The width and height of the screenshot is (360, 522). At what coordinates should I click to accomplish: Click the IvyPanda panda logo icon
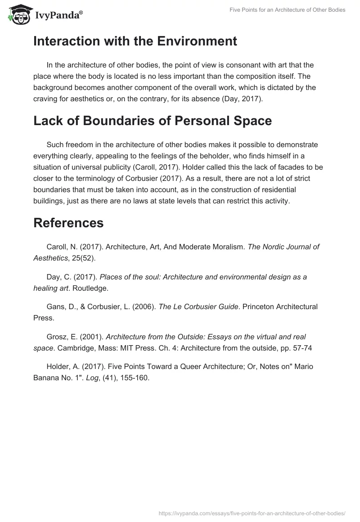coord(18,14)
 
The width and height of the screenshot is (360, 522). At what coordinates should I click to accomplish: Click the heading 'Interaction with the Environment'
coord(135,41)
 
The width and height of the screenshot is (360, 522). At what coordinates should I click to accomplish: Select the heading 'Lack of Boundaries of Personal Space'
coord(152,121)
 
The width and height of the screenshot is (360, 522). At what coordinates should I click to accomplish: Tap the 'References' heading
coord(68,223)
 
